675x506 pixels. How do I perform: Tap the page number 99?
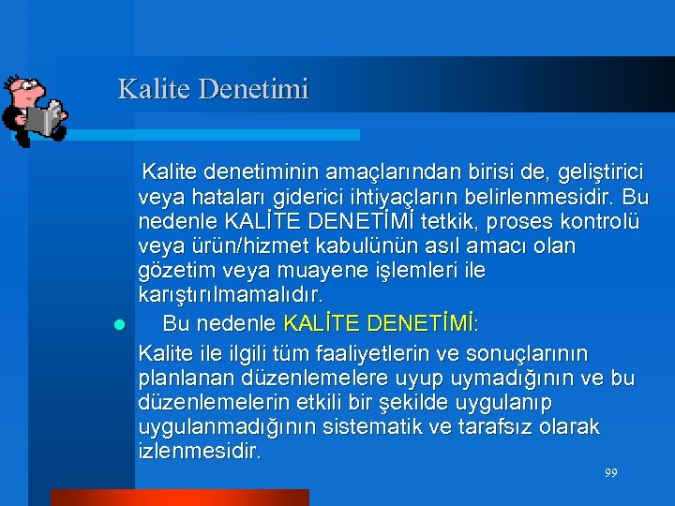610,473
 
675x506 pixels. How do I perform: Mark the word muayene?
289,270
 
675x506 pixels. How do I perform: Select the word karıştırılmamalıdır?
231,294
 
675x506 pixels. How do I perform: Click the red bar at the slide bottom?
179,497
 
